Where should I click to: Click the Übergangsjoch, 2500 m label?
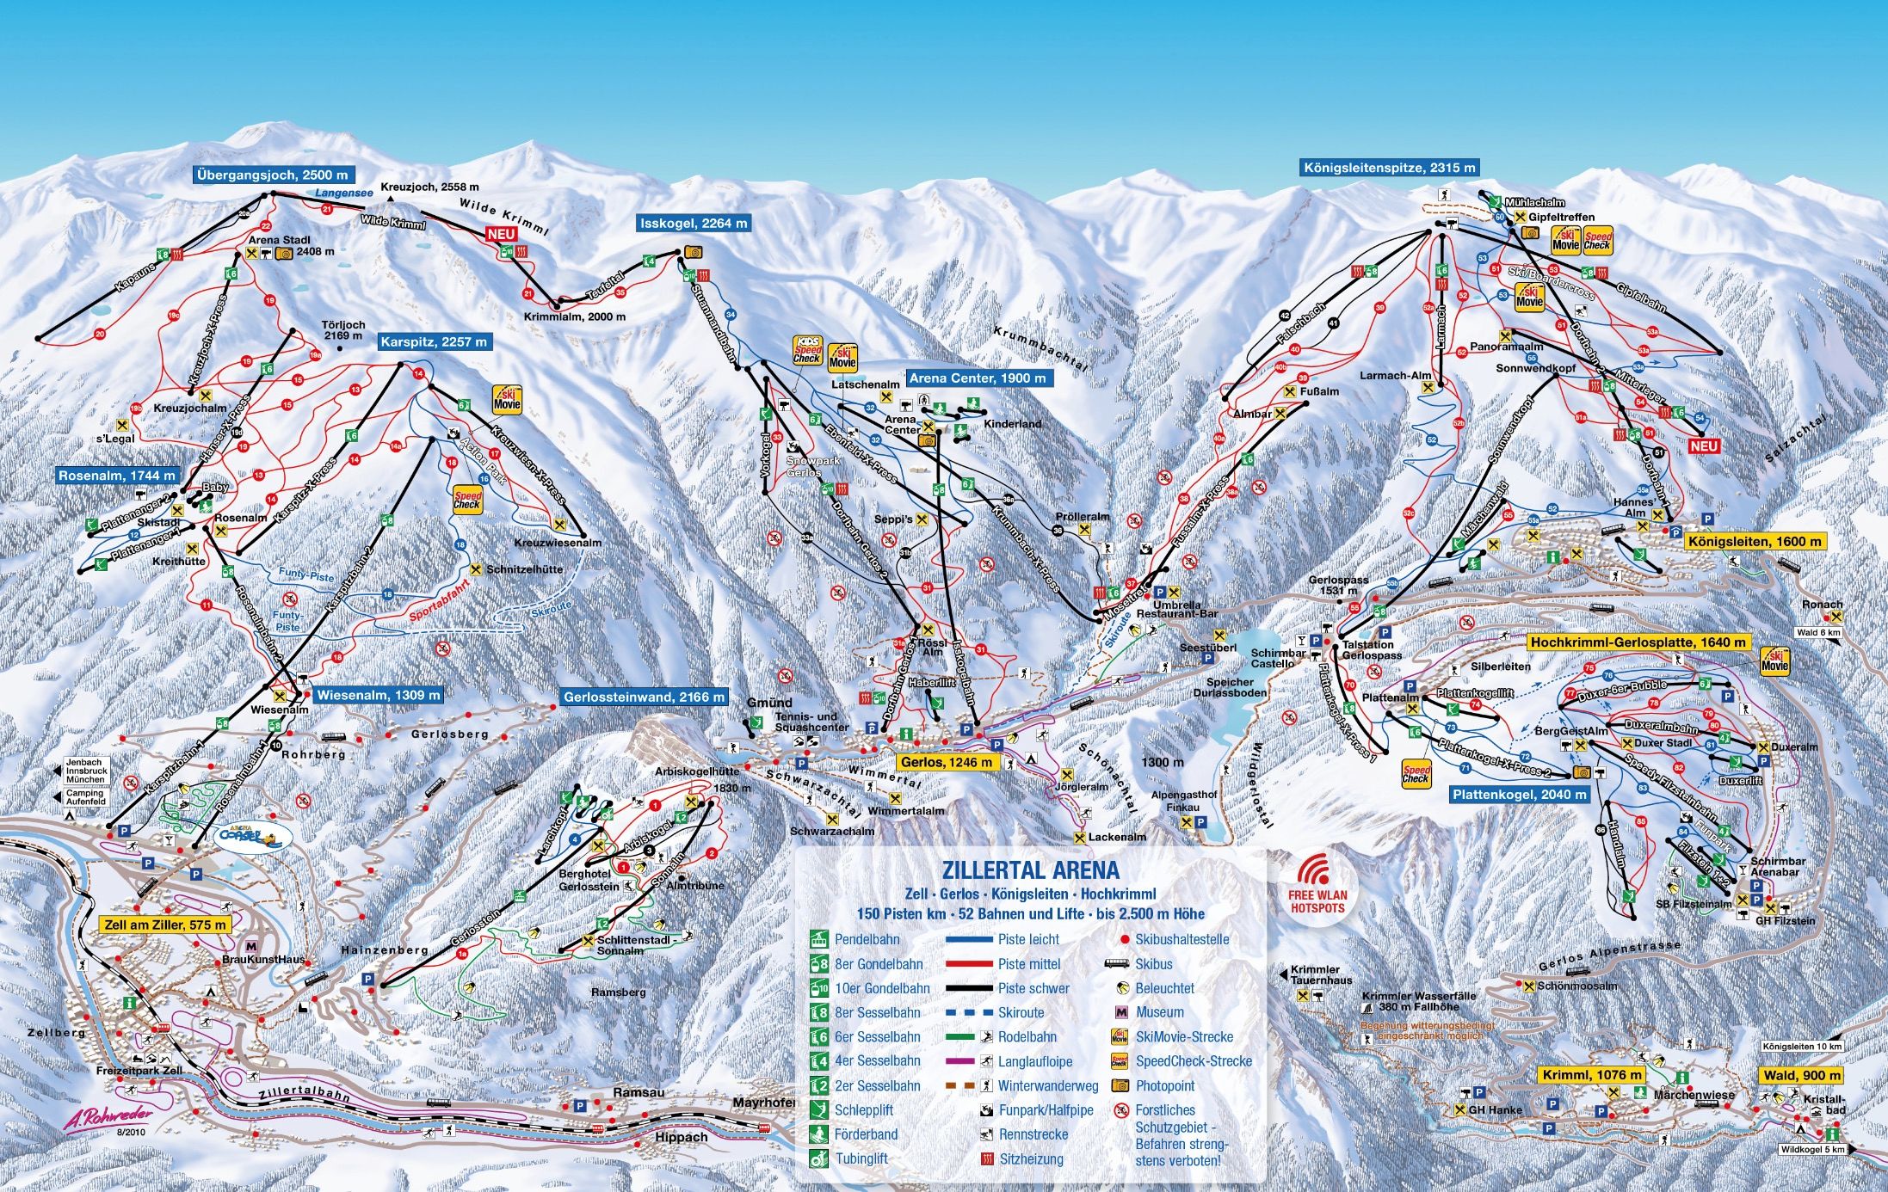coord(272,175)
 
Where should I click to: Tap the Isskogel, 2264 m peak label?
coord(694,224)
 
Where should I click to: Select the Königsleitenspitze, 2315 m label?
coord(1389,168)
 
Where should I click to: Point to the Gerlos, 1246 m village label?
coord(947,762)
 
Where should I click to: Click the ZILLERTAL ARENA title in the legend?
coord(1030,870)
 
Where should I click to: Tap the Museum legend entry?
coord(1159,1013)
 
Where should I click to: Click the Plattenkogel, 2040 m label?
coord(1519,795)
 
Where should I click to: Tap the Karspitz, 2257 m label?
coord(434,342)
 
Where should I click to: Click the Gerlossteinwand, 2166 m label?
coord(643,697)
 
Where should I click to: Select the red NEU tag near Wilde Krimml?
coord(502,234)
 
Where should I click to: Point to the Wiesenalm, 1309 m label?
coord(378,695)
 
